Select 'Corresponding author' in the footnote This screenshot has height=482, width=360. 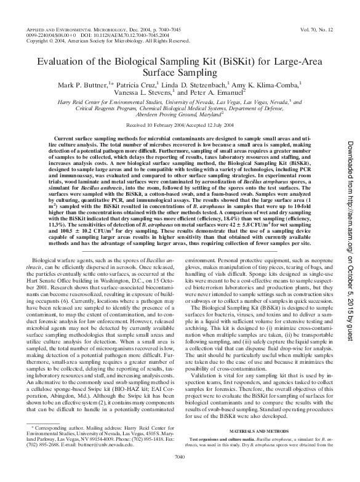(x=59, y=444)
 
